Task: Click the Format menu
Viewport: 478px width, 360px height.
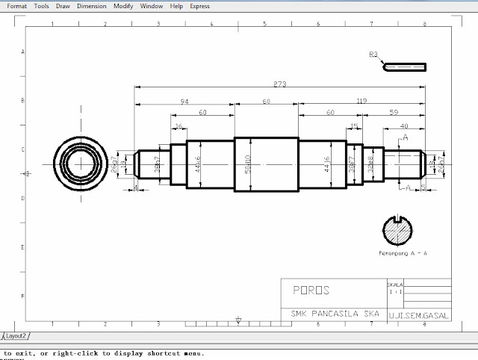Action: pyautogui.click(x=16, y=6)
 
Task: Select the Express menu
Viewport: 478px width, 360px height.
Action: pyautogui.click(x=199, y=6)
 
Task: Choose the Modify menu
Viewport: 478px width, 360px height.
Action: pyautogui.click(x=124, y=6)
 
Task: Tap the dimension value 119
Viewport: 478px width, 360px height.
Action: pyautogui.click(x=361, y=100)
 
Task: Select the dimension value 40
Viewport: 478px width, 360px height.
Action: pyautogui.click(x=404, y=125)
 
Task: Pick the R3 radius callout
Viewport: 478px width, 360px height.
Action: pyautogui.click(x=373, y=55)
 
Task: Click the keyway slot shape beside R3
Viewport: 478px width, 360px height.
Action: pyautogui.click(x=406, y=66)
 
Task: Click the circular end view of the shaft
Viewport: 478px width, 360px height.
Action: pyautogui.click(x=78, y=164)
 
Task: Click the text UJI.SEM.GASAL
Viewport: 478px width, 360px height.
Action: pyautogui.click(x=419, y=315)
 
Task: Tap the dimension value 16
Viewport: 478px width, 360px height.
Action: pyautogui.click(x=179, y=126)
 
